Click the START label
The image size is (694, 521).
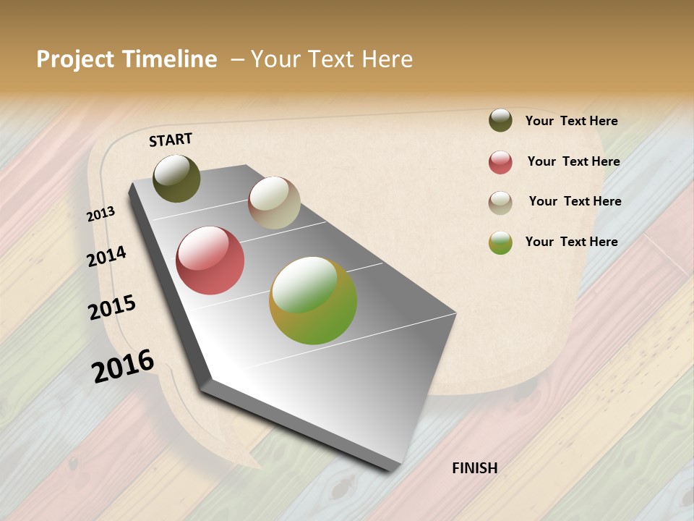click(x=171, y=139)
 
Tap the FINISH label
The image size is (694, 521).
click(x=474, y=468)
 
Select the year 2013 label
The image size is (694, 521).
click(x=101, y=214)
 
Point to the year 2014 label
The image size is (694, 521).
click(x=107, y=256)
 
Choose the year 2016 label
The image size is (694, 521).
click(x=123, y=366)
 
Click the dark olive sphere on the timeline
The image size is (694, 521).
click(x=176, y=178)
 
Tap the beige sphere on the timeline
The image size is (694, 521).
click(x=274, y=203)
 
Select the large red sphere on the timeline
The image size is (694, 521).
click(x=210, y=260)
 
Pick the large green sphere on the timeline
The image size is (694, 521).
click(x=313, y=300)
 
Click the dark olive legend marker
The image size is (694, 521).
click(x=500, y=120)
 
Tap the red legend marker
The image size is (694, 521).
click(x=500, y=162)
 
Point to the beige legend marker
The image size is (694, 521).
click(x=500, y=203)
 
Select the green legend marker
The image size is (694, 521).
click(x=500, y=243)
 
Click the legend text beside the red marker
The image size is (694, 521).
click(x=573, y=161)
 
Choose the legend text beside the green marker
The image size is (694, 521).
click(x=571, y=242)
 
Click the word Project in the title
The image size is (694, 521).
click(x=76, y=59)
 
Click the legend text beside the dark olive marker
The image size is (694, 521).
click(x=571, y=121)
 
